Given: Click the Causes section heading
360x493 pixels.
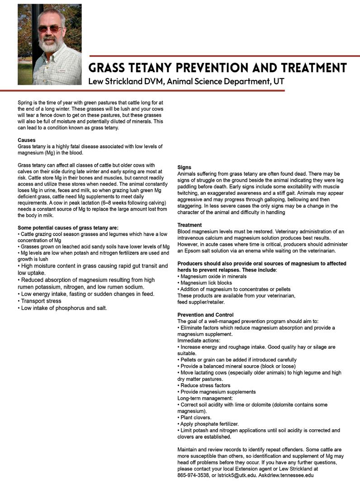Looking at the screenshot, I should tap(27, 140).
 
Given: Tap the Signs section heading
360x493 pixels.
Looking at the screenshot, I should tap(185, 167).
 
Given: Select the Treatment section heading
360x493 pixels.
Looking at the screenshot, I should tap(189, 225).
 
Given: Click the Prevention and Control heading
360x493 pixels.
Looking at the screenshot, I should tap(205, 315).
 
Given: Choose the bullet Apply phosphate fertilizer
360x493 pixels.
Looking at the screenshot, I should tap(208, 424).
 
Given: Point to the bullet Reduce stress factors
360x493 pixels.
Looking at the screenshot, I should tap(205, 385).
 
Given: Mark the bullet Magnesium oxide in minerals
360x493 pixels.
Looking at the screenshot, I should tap(213, 276).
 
